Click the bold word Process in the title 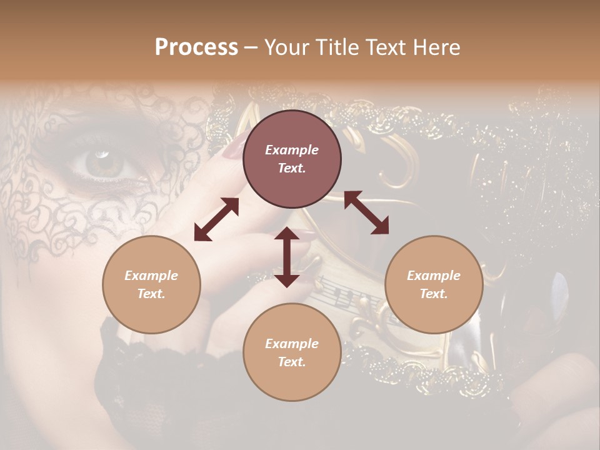196,47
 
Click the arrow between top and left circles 216,219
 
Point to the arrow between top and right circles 367,212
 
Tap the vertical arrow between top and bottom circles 287,257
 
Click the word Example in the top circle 292,150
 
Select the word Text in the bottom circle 291,362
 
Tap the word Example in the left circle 151,276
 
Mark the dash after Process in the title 251,47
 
